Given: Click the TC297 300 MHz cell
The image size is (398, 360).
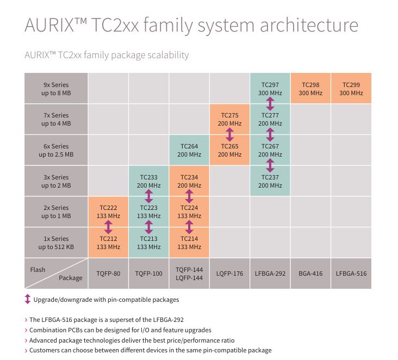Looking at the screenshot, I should (270, 89).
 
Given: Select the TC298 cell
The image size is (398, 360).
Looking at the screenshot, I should (310, 89).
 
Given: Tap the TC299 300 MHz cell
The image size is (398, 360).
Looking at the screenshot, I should (351, 89).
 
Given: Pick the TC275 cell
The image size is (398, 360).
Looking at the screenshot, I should (229, 119).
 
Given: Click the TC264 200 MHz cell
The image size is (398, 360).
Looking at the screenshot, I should (189, 150).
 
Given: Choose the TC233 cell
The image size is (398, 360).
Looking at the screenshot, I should (148, 181).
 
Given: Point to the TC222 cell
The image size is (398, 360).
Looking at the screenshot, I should (108, 212).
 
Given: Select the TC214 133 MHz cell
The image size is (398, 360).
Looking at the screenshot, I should (189, 243).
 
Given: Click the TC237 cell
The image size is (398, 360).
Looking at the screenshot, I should (270, 181).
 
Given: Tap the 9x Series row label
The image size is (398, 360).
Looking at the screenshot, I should (56, 89).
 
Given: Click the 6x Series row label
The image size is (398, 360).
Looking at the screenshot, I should (56, 150).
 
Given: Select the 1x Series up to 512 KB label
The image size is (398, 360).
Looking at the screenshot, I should (56, 243).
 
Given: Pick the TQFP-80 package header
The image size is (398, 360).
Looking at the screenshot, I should (108, 273).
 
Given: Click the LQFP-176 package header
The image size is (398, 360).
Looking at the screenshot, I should (229, 273).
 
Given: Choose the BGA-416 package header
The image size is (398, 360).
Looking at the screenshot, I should (310, 273).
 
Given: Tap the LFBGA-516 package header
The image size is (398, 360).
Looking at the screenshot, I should (351, 273).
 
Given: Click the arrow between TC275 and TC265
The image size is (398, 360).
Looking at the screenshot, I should (229, 134).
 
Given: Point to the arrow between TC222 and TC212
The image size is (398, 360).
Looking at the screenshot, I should (108, 227).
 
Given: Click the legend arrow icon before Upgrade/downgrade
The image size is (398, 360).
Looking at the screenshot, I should (28, 299).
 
